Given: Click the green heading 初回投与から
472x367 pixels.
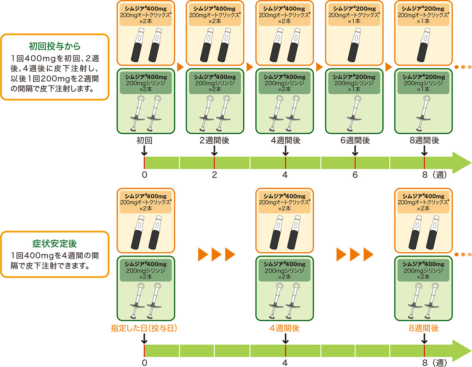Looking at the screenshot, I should tap(54, 45).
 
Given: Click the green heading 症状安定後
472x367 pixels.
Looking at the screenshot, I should tap(54, 244).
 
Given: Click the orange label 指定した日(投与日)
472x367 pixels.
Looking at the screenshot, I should tap(144, 328).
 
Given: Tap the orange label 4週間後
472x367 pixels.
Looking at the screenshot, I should tap(285, 328).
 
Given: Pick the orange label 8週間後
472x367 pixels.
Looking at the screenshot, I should tap(424, 328).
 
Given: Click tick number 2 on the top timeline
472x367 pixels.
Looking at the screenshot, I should tap(214, 175).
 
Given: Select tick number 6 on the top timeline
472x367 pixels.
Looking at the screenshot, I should tap(355, 175).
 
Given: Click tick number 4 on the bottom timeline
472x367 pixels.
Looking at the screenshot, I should tap(285, 362).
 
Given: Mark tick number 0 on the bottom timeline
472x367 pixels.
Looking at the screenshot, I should tap(144, 362).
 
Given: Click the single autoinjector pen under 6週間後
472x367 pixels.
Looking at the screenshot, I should tap(355, 45).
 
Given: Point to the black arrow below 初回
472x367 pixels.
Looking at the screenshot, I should tap(144, 152).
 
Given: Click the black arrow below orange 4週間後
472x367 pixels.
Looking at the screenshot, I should tap(285, 339).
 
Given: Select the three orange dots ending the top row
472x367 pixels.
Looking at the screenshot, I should tap(463, 67).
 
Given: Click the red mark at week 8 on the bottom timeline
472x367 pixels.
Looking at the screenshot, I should tap(424, 350).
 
